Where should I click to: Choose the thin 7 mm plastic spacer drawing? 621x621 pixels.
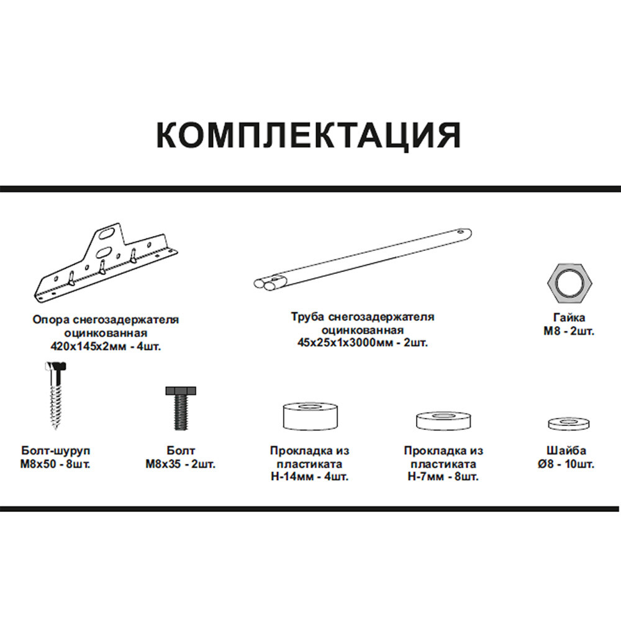(x=442, y=420)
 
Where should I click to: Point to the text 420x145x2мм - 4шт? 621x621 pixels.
(x=106, y=346)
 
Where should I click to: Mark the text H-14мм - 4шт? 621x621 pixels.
(x=309, y=477)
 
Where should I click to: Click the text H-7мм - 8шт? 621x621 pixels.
(x=443, y=477)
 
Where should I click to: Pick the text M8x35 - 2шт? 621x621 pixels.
(x=181, y=464)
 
